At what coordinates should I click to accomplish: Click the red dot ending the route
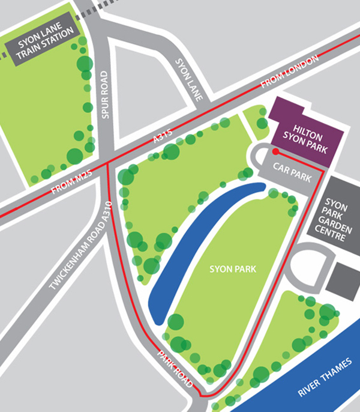coord(275,152)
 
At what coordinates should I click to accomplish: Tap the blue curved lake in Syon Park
coord(198,246)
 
